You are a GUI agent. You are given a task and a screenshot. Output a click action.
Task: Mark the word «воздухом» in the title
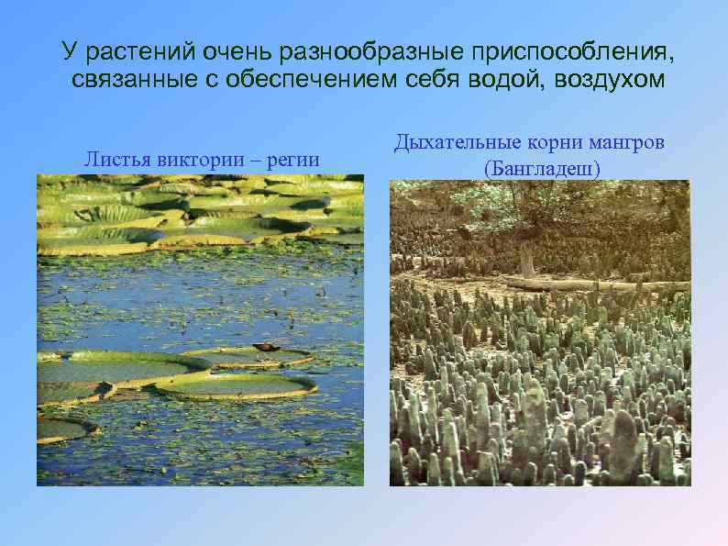pyautogui.click(x=610, y=79)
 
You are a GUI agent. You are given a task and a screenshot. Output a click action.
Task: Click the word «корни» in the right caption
pyautogui.click(x=552, y=142)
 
